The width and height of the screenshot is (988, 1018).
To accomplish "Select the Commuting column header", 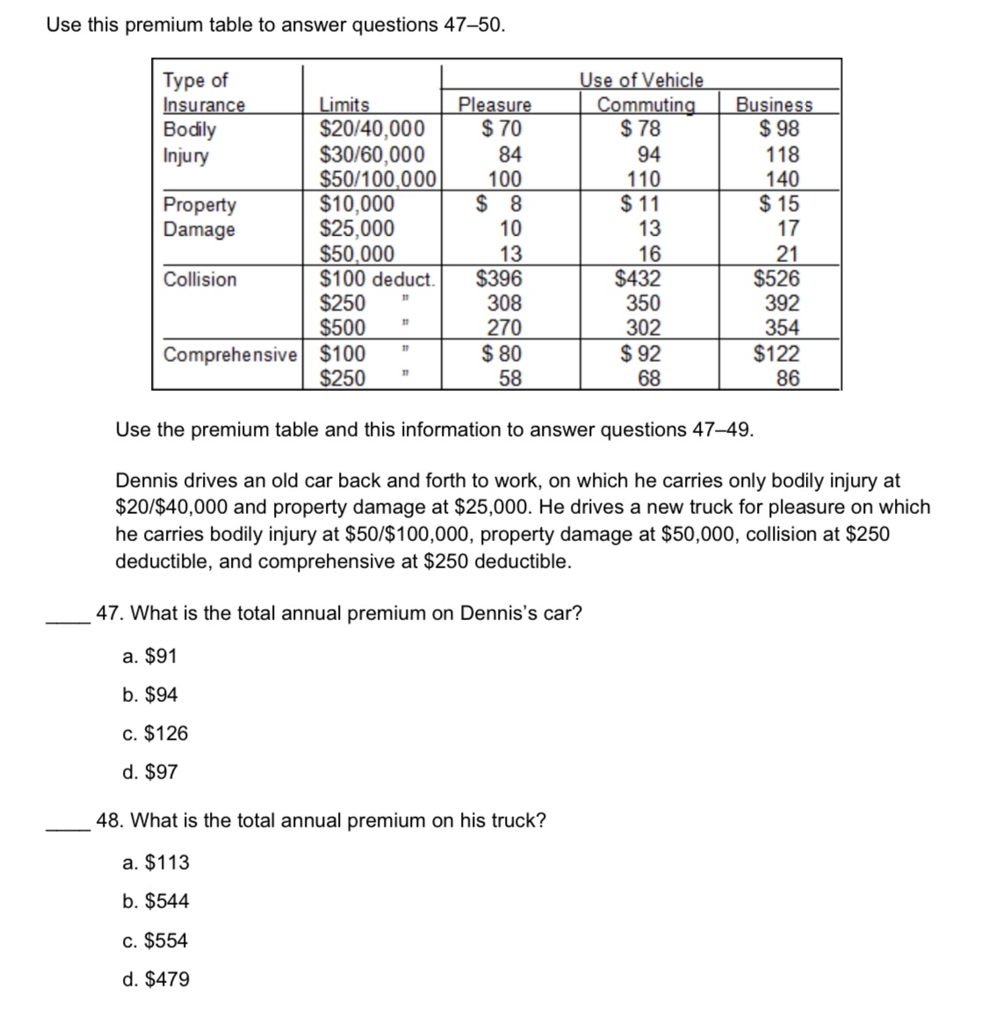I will tap(645, 105).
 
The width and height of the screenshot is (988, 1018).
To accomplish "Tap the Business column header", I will tap(774, 105).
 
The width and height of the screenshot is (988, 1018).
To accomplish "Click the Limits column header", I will tap(343, 105).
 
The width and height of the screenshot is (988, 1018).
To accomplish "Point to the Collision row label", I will tap(200, 279).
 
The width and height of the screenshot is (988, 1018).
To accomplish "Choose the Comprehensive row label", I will tap(230, 355).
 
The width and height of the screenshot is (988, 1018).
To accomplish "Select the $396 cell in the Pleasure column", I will tap(499, 279).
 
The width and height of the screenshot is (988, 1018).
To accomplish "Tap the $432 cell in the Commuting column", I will tap(638, 279).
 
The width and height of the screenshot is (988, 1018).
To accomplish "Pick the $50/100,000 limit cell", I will tap(378, 179).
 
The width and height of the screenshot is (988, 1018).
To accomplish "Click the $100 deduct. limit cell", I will tap(377, 279).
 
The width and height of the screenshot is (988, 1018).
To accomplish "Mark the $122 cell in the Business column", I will tap(777, 355).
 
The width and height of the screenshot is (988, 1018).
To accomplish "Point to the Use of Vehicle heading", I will tap(641, 80).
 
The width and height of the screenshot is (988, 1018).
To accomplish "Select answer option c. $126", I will tap(155, 733).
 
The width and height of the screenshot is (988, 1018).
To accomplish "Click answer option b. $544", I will tap(155, 901).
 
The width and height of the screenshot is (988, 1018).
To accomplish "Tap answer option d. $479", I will tap(155, 979).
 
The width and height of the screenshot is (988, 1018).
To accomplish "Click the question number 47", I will tap(108, 613).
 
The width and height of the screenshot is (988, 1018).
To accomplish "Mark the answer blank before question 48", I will tap(67, 827).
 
